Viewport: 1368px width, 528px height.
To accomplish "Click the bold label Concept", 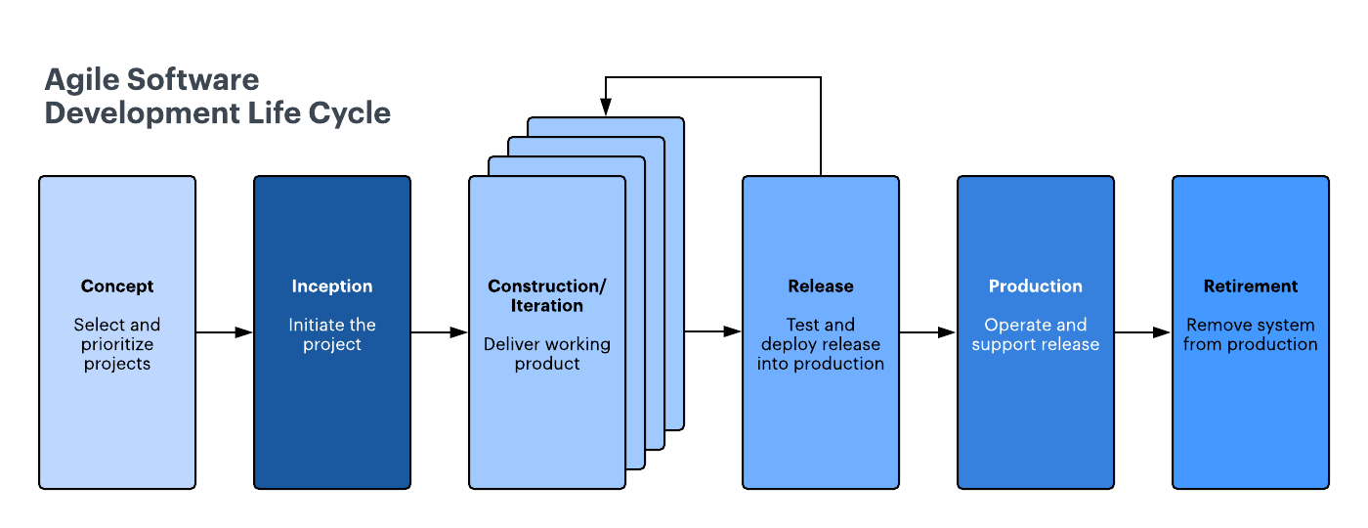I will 117,286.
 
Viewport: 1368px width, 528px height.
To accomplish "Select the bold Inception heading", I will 332,286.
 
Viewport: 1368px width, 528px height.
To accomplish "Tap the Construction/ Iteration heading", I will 547,295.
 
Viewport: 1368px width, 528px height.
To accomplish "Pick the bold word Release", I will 821,286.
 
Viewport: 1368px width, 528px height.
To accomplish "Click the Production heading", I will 1036,286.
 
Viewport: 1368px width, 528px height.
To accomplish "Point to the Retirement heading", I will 1251,286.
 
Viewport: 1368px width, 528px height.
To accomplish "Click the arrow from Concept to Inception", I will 225,332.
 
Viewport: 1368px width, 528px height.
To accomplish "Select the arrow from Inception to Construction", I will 440,332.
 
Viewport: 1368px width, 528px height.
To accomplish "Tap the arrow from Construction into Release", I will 713,332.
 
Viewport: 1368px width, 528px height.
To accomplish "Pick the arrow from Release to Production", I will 928,332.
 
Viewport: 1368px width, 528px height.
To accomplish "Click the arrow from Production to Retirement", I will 1143,332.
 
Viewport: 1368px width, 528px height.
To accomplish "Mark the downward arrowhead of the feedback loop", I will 606,109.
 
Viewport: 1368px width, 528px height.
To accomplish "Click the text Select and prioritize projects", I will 117,344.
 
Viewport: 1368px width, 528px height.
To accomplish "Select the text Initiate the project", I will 332,334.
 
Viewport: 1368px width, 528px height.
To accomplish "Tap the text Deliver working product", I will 547,354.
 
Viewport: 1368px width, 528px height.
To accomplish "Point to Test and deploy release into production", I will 821,344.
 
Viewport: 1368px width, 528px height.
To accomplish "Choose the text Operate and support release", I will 1036,334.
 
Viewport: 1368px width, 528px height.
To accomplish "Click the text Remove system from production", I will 1251,334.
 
